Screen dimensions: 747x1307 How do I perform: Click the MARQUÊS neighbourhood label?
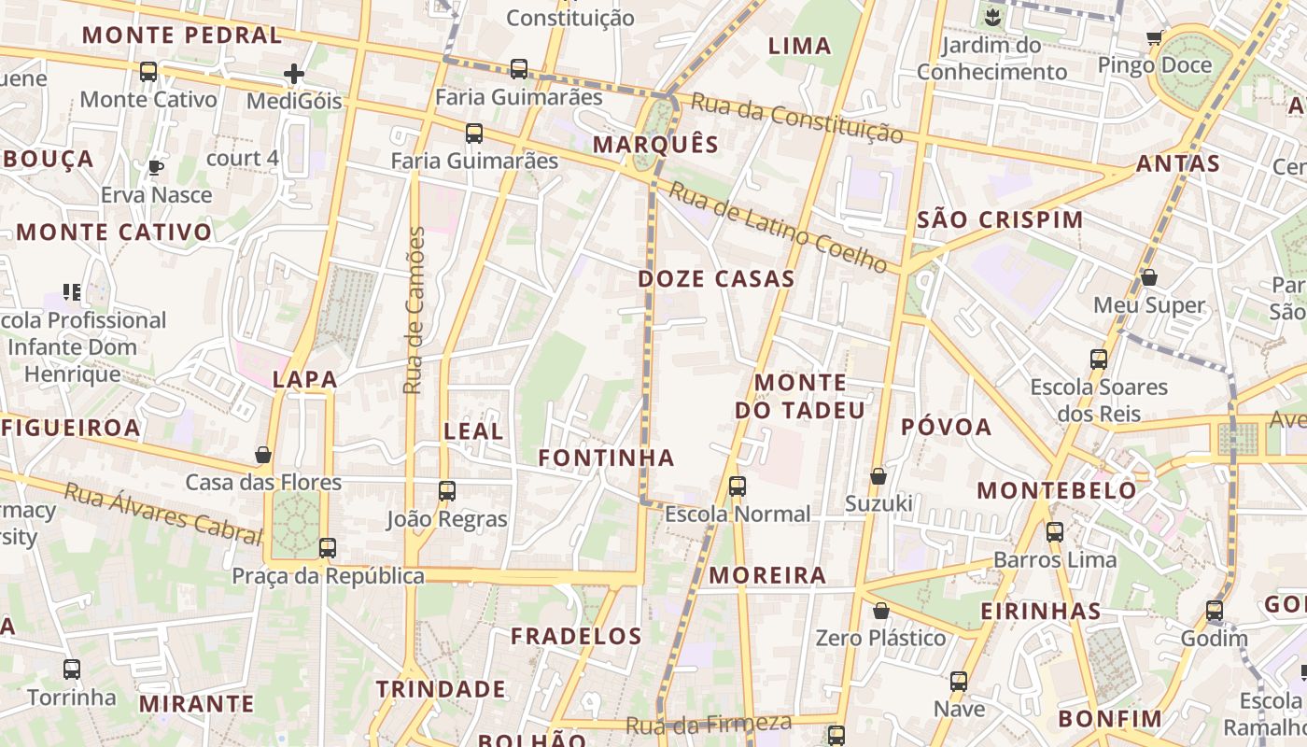(x=655, y=145)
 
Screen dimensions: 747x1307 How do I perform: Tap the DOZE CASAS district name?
(x=716, y=278)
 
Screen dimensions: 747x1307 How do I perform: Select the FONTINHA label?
(x=606, y=458)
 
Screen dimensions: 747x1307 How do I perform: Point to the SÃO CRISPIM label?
(x=1000, y=220)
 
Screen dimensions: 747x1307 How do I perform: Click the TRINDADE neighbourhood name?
(x=441, y=689)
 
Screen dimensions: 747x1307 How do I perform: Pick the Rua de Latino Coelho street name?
(x=778, y=228)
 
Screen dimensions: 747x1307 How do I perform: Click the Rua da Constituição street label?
(x=788, y=120)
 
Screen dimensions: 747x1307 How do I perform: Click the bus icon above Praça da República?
(x=328, y=547)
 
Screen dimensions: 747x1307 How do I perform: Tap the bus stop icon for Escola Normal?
(x=738, y=486)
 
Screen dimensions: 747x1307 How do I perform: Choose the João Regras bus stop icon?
(x=447, y=490)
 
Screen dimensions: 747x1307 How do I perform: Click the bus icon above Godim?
(x=1214, y=611)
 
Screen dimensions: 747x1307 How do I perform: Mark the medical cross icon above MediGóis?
(x=294, y=73)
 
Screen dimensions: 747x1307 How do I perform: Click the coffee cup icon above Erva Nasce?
(x=156, y=167)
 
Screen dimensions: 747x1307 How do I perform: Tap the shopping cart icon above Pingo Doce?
(x=1154, y=38)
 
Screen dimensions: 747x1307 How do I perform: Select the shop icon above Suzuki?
(x=878, y=476)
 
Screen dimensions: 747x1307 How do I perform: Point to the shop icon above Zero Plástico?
(x=880, y=611)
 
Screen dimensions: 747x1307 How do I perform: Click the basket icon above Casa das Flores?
(x=263, y=455)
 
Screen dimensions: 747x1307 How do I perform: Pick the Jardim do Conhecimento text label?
(x=991, y=58)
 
